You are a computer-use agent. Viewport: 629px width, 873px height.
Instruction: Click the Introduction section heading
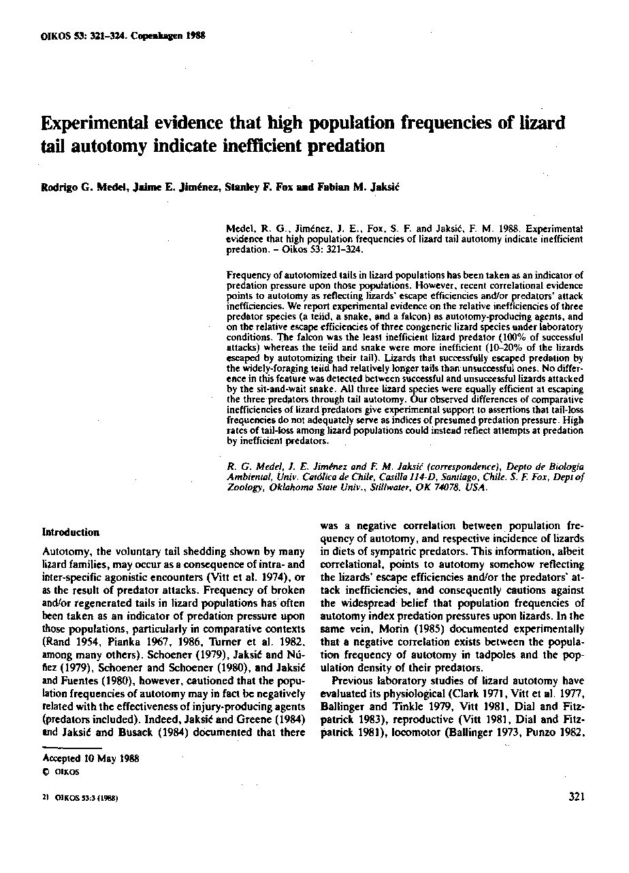(x=71, y=532)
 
